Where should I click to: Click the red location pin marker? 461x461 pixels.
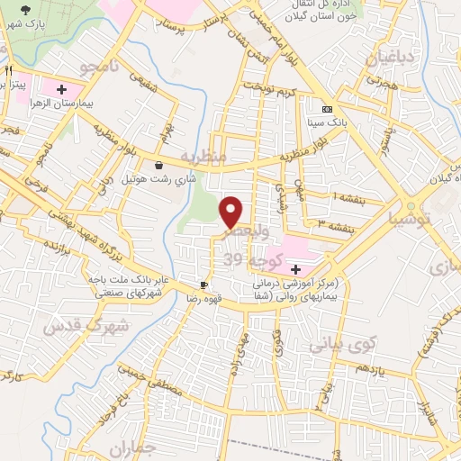[232, 212]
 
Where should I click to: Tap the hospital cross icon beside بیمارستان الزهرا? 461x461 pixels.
[61, 90]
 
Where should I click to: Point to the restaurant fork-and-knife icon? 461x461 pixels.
[9, 69]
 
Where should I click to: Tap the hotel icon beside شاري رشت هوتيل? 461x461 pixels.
[159, 166]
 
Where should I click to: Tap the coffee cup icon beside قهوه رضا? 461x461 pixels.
[205, 283]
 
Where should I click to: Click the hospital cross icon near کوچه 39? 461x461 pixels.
[295, 268]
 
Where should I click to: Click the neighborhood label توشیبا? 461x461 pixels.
[411, 218]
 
